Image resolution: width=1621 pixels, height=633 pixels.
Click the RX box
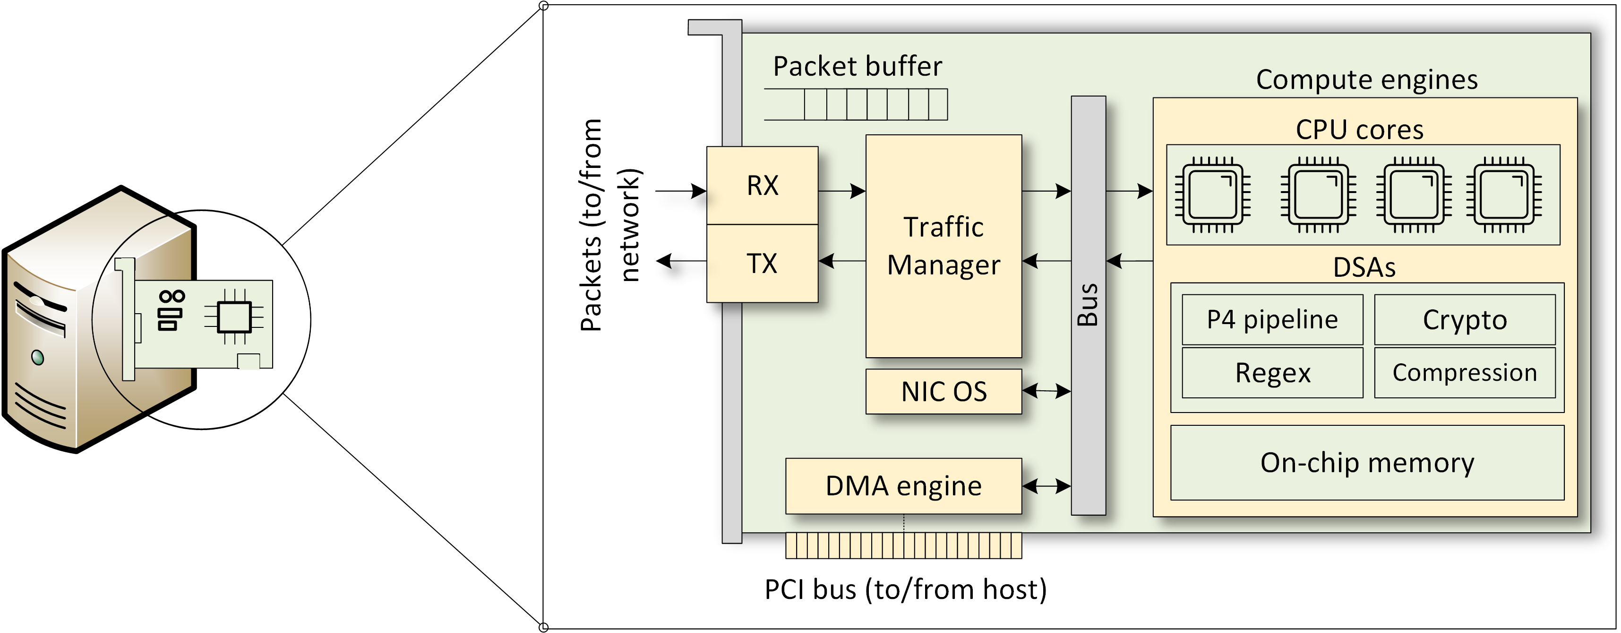coord(762,186)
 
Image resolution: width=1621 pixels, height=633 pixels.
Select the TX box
coord(762,264)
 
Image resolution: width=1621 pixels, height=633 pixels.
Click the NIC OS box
coord(943,391)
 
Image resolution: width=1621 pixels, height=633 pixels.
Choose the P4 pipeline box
coord(1272,319)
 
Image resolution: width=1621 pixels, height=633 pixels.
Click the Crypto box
coord(1464,319)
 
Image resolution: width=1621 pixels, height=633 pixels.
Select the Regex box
coord(1272,373)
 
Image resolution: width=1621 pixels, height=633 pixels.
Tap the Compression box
coord(1464,373)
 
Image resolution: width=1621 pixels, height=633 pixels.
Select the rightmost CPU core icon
coord(1504,194)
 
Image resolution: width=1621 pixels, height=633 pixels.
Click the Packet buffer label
coord(857,66)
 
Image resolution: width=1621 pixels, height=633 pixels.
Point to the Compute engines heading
coord(1367,80)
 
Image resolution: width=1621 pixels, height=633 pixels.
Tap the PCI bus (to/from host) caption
coord(905,589)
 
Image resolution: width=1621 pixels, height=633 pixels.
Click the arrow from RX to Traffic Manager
coord(842,190)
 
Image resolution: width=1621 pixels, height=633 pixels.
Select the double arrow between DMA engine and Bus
coord(1046,485)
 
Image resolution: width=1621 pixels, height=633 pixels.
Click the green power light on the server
coord(38,358)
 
